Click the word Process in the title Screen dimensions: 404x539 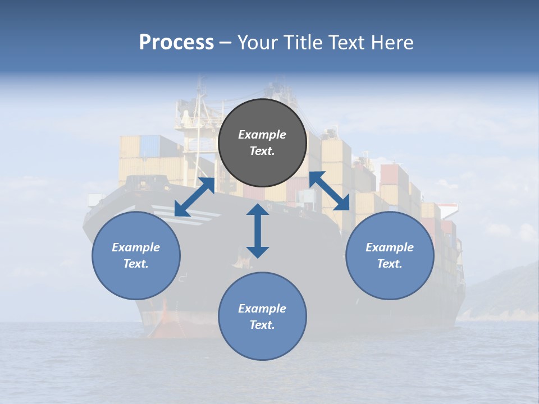[176, 43]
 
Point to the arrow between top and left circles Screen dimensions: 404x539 [194, 197]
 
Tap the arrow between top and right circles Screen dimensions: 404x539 [330, 191]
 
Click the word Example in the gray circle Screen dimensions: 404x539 [262, 135]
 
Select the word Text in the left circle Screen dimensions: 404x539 [136, 264]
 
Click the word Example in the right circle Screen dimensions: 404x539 [390, 247]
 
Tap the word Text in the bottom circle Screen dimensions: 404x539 [262, 325]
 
